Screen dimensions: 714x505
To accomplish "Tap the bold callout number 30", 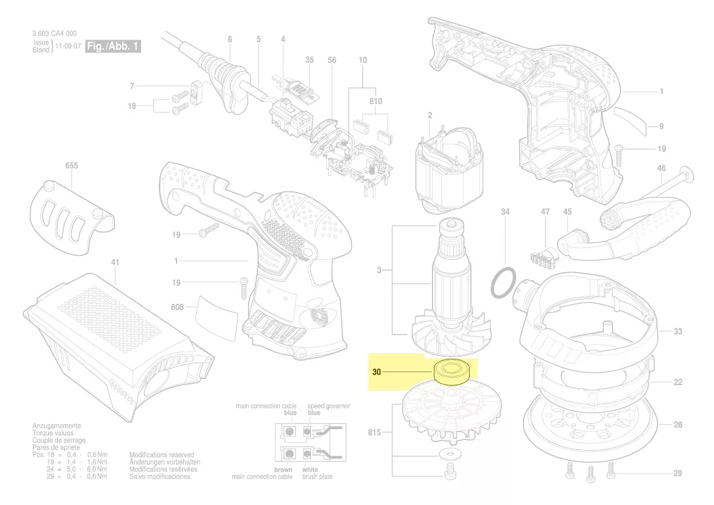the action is (x=377, y=372).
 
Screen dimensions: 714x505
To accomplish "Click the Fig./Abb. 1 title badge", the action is (x=113, y=46).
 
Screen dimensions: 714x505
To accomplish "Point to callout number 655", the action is (x=71, y=166).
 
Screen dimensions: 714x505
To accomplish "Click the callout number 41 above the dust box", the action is (x=115, y=262).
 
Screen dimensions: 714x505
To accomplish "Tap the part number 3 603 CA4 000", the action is (x=54, y=33).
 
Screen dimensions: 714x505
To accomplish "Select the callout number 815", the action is (x=374, y=432).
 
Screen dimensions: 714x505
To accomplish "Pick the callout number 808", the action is (x=177, y=307).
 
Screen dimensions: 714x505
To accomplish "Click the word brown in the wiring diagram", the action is (x=283, y=470).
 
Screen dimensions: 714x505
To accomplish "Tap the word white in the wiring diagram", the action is (x=310, y=470).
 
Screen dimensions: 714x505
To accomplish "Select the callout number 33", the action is (x=678, y=331).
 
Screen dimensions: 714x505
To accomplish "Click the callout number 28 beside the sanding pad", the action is (x=678, y=425).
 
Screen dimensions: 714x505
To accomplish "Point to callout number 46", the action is (x=661, y=169).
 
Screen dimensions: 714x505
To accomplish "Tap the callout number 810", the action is (x=376, y=101).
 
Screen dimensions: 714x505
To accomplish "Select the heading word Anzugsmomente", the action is (x=56, y=426).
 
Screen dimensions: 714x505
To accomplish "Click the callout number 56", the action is (x=332, y=60).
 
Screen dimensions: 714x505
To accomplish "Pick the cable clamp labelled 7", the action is (x=196, y=92).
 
